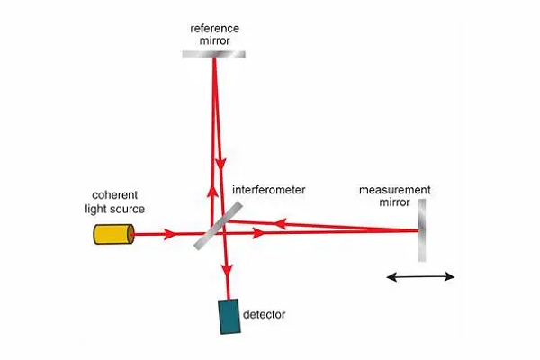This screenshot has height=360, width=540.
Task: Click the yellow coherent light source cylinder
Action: pyautogui.click(x=113, y=235)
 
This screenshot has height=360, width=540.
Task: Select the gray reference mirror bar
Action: pyautogui.click(x=214, y=53)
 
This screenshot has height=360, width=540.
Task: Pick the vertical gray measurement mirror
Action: pyautogui.click(x=422, y=231)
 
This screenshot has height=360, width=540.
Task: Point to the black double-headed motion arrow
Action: pyautogui.click(x=421, y=277)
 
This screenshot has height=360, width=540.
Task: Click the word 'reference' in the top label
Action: pyautogui.click(x=214, y=27)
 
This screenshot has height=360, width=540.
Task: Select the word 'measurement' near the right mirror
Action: pyautogui.click(x=395, y=190)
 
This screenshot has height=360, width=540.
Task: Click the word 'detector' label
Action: pyautogui.click(x=264, y=314)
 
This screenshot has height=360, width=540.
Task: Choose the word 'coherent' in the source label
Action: pyautogui.click(x=113, y=195)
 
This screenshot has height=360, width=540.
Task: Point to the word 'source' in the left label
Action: pyautogui.click(x=128, y=209)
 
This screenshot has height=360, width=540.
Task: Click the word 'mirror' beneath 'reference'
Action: pyautogui.click(x=214, y=40)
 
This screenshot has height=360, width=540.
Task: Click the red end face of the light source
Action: pyautogui.click(x=133, y=235)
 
